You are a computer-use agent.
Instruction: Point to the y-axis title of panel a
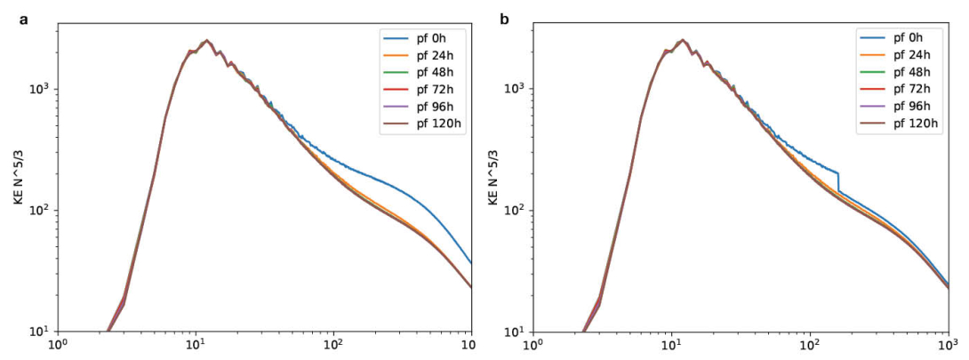tap(19, 178)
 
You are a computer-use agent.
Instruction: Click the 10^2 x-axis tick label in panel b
tap(809, 345)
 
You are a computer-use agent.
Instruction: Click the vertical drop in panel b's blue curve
tap(838, 181)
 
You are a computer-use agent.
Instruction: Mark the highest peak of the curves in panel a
tap(206, 40)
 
